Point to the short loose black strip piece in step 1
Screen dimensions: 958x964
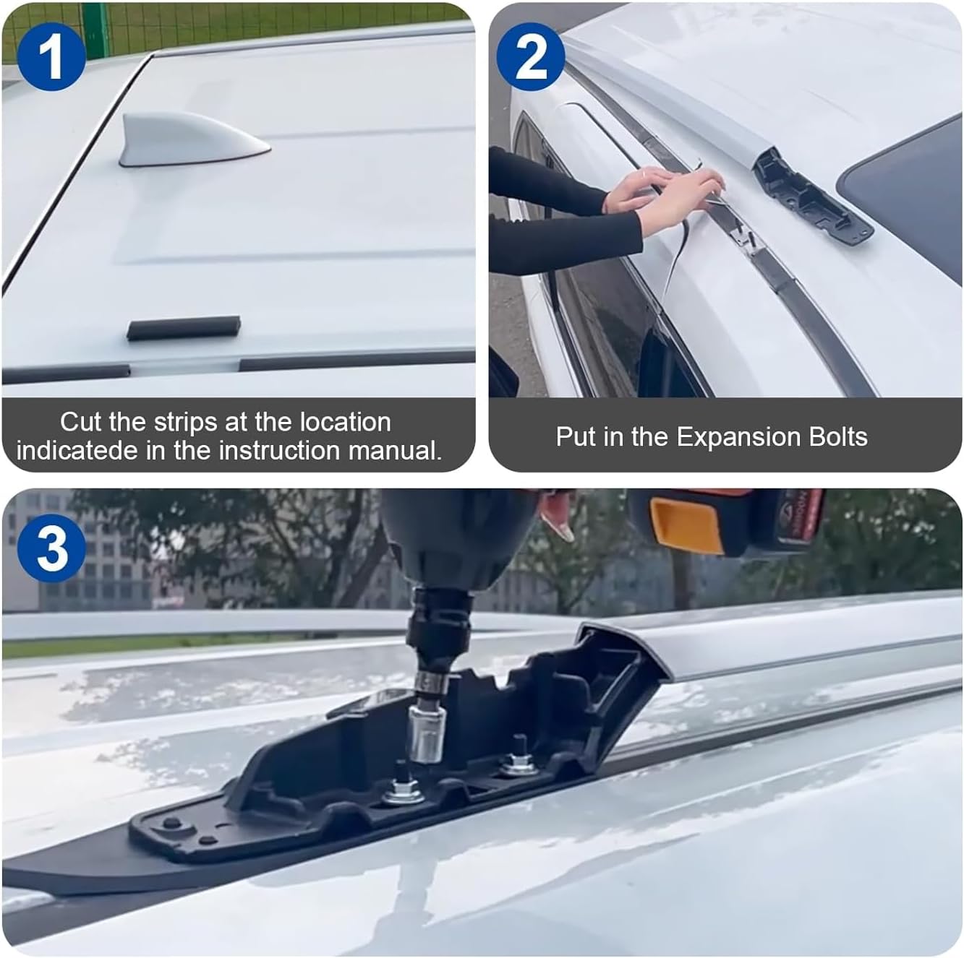point(184,327)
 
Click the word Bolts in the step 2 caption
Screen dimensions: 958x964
point(835,437)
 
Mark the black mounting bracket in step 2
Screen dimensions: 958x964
point(810,195)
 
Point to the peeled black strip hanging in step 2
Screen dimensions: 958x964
point(676,260)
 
